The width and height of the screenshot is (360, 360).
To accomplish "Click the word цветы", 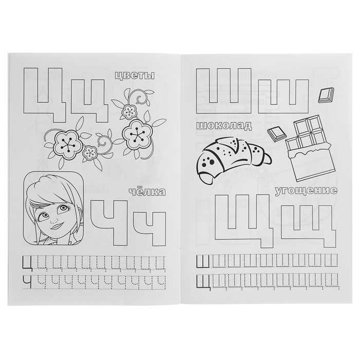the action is pos(134,75).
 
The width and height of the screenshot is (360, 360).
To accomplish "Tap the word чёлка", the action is pos(148,192).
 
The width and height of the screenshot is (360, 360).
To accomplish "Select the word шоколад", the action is pos(224,126).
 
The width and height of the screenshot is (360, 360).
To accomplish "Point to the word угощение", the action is pos(307,191).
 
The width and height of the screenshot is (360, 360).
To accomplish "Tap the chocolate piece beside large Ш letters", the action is pos(326,95).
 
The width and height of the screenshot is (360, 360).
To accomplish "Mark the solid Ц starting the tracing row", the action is pos(28,263).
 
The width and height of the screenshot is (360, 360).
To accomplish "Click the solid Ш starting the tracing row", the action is pos(203,261).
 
